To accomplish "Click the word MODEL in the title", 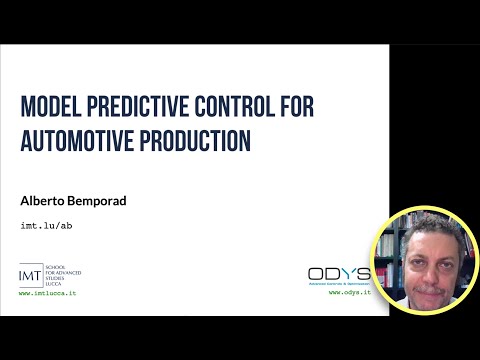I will [x=51, y=107].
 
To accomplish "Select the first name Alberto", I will [x=45, y=200].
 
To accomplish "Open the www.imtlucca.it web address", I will [x=48, y=293].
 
